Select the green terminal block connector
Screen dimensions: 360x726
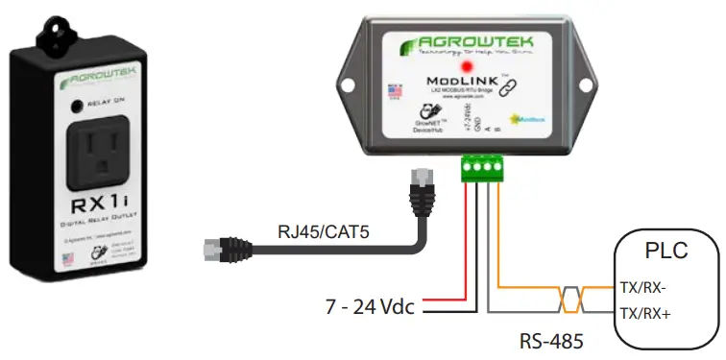tap(485, 168)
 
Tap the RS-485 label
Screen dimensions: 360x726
tap(552, 337)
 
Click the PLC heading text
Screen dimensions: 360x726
tap(665, 252)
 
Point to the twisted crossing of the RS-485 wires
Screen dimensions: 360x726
tap(569, 299)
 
